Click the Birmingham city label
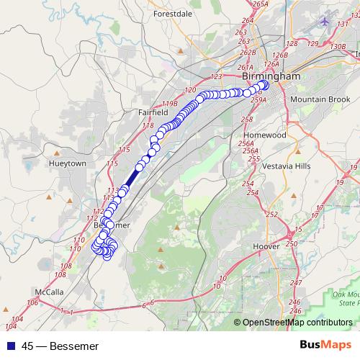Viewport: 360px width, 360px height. click(271, 76)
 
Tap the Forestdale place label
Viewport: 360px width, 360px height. click(173, 13)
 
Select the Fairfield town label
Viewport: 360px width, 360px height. click(153, 112)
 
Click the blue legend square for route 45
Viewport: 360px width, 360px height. click(9, 346)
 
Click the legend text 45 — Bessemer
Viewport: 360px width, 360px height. click(60, 346)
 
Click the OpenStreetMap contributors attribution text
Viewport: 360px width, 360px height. click(297, 323)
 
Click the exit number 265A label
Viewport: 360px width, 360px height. click(261, 4)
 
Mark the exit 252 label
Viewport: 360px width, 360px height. click(271, 215)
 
